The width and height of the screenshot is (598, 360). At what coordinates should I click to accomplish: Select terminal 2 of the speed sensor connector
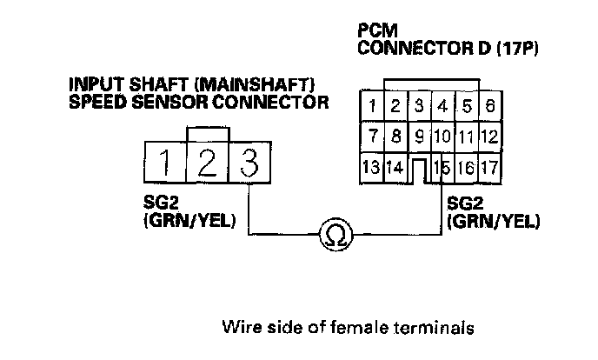(207, 162)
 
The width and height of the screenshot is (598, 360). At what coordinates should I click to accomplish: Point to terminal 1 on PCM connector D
(371, 106)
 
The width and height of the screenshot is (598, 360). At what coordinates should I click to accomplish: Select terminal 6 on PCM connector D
(490, 106)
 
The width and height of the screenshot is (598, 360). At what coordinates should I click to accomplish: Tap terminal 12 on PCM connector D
(488, 137)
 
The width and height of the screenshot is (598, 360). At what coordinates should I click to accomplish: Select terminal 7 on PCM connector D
(371, 137)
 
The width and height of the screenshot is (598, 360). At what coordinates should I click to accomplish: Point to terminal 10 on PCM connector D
(442, 137)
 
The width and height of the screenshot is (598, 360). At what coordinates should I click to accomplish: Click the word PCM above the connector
(375, 30)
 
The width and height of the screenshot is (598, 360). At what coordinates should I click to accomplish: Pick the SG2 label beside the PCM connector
(462, 203)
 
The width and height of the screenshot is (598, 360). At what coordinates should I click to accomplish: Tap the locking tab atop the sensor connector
(207, 134)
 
